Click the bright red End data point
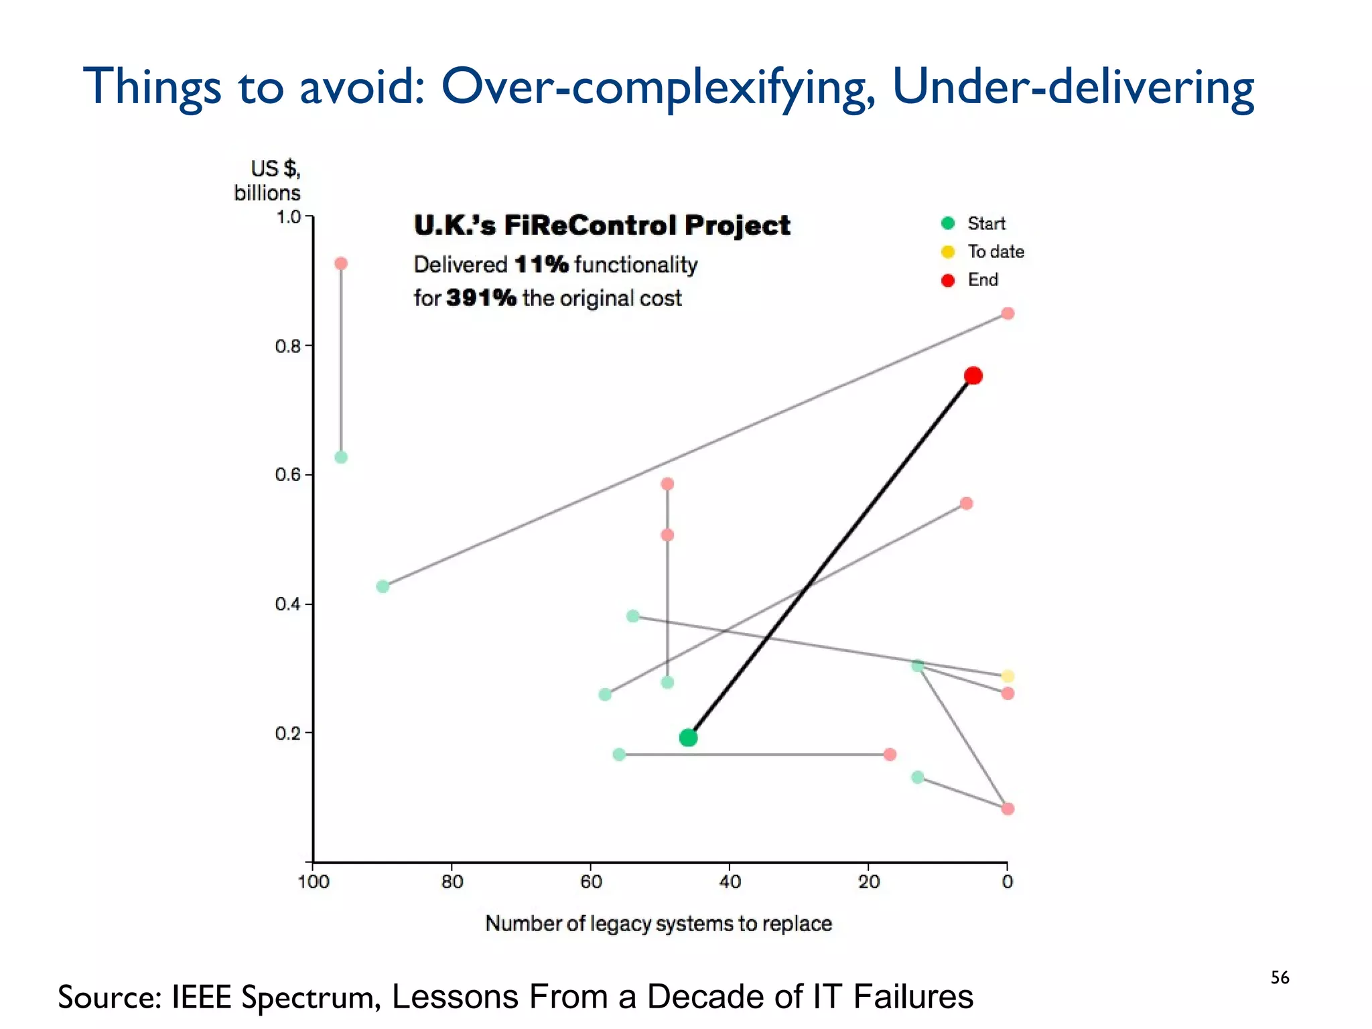tap(973, 376)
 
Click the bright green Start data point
tap(688, 738)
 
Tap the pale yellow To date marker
tap(1008, 676)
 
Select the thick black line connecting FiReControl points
tap(831, 556)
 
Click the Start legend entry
tap(985, 223)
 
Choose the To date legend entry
tap(995, 251)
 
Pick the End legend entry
tap(982, 279)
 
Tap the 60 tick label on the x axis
tap(591, 882)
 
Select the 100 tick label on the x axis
tap(314, 882)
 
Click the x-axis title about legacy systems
tap(659, 924)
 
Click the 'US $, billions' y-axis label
tap(268, 181)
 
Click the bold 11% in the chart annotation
tap(541, 265)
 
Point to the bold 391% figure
tap(481, 298)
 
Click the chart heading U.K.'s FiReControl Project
tap(602, 226)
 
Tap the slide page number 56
tap(1280, 977)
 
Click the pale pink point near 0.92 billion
tap(341, 263)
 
